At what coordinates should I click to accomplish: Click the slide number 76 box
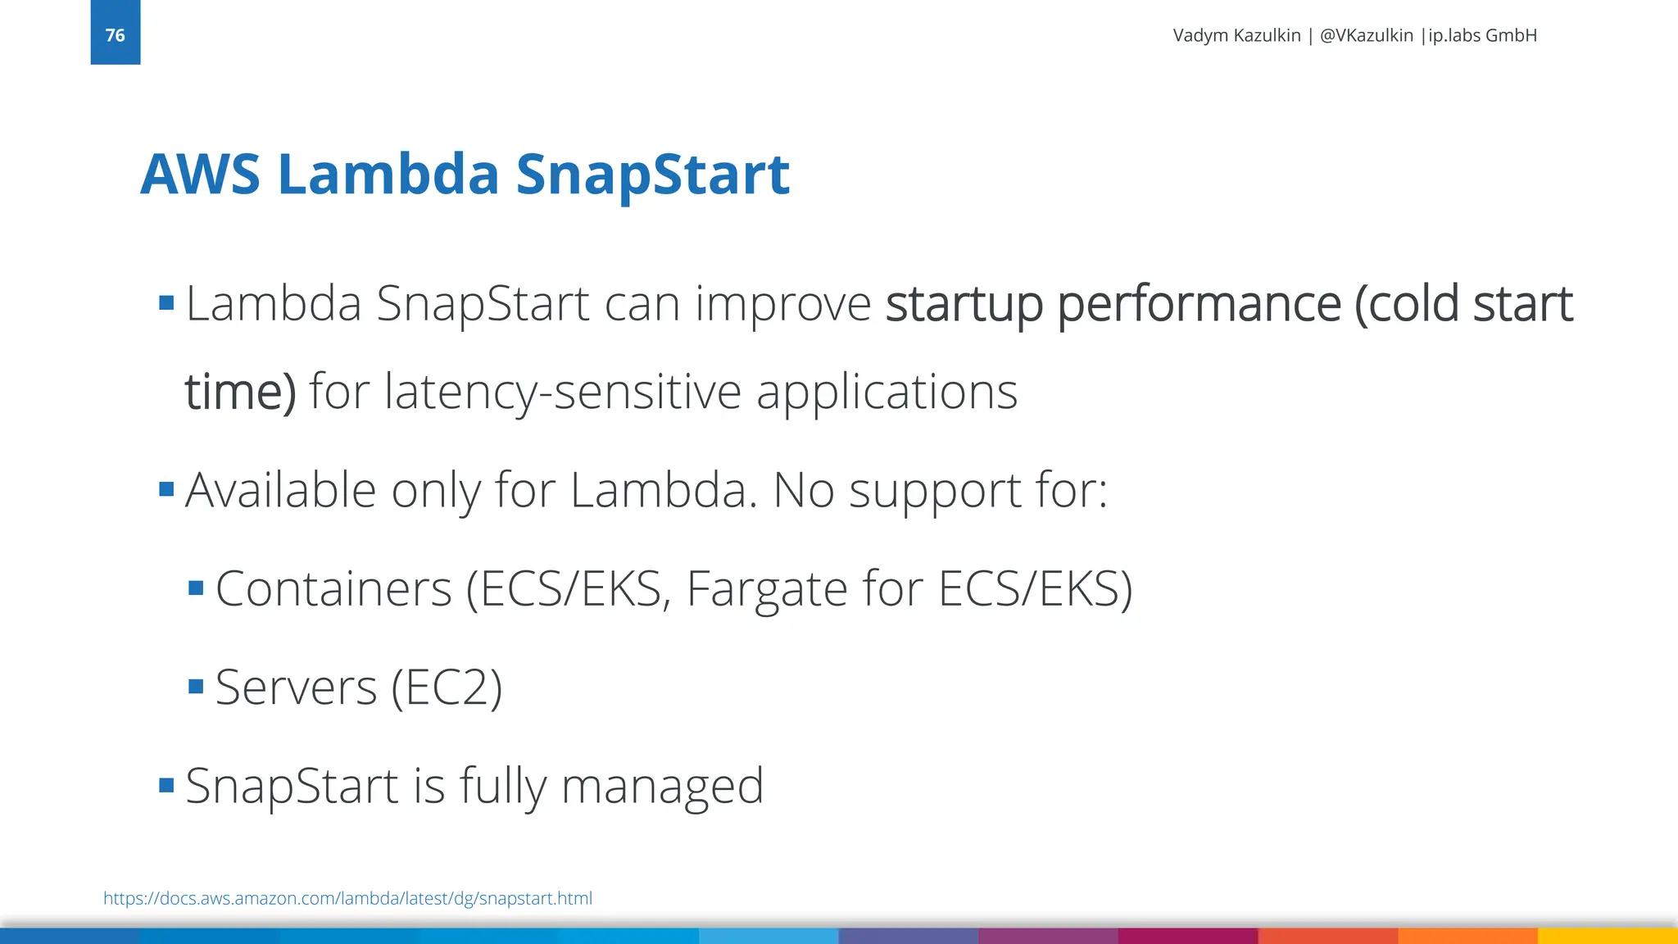pyautogui.click(x=115, y=33)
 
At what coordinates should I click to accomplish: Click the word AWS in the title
pyautogui.click(x=200, y=175)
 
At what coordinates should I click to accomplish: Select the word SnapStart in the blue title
pyautogui.click(x=652, y=175)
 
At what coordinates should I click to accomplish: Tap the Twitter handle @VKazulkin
pyautogui.click(x=1366, y=35)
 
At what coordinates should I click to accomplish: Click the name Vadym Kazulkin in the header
pyautogui.click(x=1236, y=35)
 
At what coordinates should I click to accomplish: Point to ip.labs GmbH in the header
pyautogui.click(x=1482, y=35)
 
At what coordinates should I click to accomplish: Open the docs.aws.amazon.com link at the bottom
pyautogui.click(x=347, y=898)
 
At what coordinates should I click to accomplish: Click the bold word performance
pyautogui.click(x=1199, y=305)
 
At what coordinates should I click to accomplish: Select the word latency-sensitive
pyautogui.click(x=563, y=392)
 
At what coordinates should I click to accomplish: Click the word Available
pyautogui.click(x=280, y=490)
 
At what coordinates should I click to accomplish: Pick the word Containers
pyautogui.click(x=333, y=588)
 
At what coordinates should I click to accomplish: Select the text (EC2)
pyautogui.click(x=447, y=687)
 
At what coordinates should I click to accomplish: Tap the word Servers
pyautogui.click(x=296, y=687)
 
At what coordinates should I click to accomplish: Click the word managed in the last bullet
pyautogui.click(x=662, y=787)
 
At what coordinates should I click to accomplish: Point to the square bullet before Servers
pyautogui.click(x=196, y=686)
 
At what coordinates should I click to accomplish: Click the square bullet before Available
pyautogui.click(x=166, y=489)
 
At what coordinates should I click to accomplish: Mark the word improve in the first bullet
pyautogui.click(x=782, y=305)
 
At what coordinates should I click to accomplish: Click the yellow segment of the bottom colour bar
pyautogui.click(x=1607, y=936)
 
